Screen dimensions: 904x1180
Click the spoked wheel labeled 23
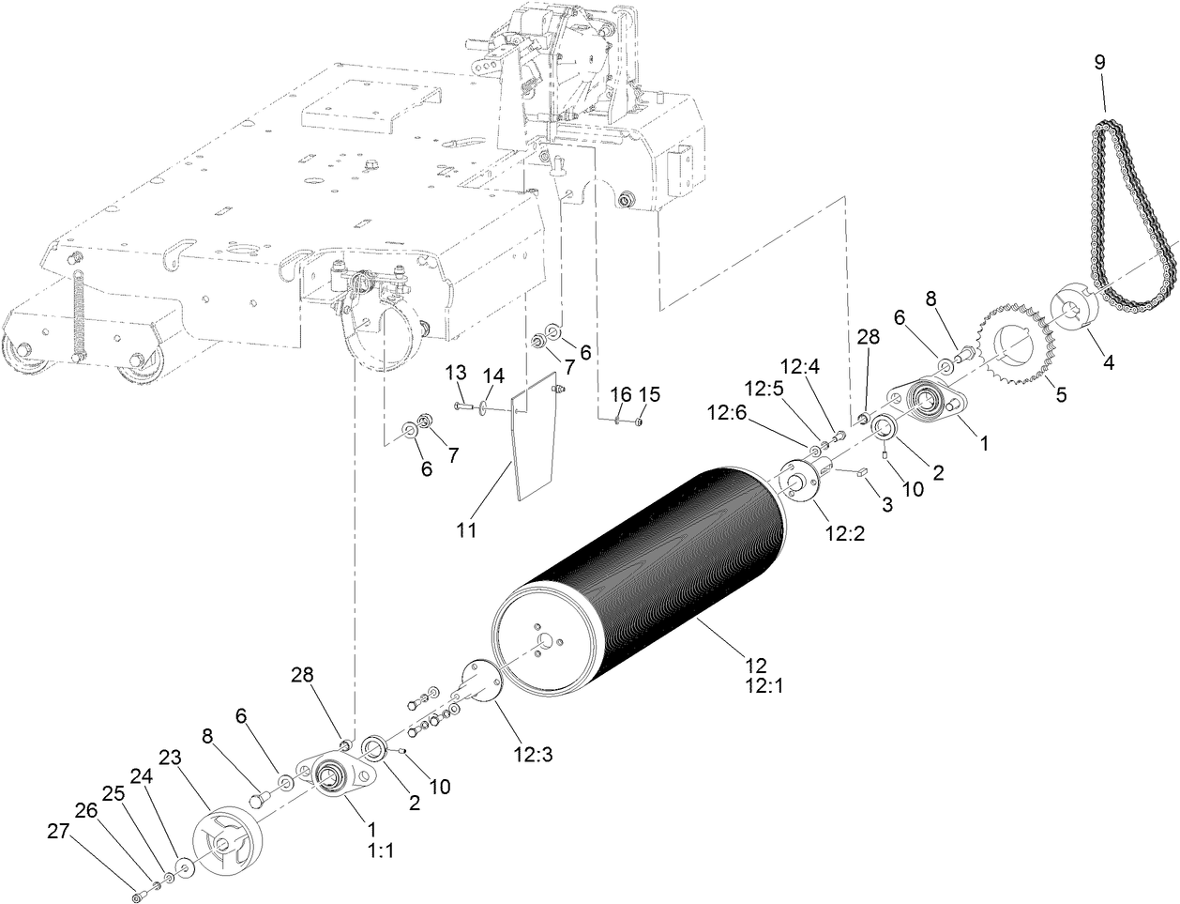tap(229, 841)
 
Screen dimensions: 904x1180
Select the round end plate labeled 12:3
tap(479, 686)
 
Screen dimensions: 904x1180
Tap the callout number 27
tap(59, 831)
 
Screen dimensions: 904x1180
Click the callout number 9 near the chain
tap(1099, 63)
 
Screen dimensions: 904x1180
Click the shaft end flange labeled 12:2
tap(800, 483)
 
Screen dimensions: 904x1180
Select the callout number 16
tap(621, 393)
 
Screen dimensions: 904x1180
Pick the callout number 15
tap(649, 393)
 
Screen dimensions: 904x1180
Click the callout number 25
tap(113, 792)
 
